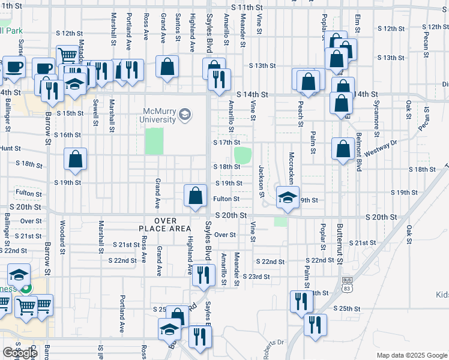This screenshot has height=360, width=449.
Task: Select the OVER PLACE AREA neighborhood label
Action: tap(164, 224)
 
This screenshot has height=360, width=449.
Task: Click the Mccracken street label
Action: tap(291, 171)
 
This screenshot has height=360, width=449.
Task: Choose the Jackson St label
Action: tap(262, 181)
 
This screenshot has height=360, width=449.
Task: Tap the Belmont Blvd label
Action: tap(358, 152)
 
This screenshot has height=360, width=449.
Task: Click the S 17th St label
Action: tap(226, 143)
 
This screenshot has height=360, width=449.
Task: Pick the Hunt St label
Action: tap(10, 148)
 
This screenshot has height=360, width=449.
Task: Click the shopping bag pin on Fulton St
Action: tap(195, 196)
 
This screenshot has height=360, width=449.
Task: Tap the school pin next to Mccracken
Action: tap(288, 197)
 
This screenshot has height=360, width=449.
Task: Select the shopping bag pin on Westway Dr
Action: tap(343, 151)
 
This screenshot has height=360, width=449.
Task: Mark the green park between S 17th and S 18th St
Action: tap(242, 155)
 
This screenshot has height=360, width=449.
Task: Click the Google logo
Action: tap(20, 353)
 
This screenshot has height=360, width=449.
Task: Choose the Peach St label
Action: tap(300, 109)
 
